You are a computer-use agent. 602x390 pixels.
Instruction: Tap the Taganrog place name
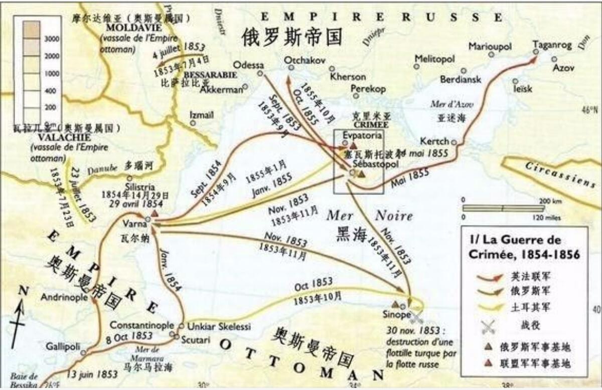pyautogui.click(x=552, y=44)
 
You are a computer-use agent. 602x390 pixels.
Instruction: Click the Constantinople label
pyautogui.click(x=142, y=325)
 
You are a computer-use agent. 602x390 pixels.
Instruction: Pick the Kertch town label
pyautogui.click(x=434, y=141)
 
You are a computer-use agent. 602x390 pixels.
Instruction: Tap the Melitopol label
pyautogui.click(x=434, y=59)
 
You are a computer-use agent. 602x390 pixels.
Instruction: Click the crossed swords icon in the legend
pyautogui.click(x=488, y=327)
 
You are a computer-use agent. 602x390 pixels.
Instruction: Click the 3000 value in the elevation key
pyautogui.click(x=52, y=39)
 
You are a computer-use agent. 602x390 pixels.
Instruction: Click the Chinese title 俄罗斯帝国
pyautogui.click(x=294, y=37)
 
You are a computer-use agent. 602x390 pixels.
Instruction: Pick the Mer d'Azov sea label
pyautogui.click(x=449, y=104)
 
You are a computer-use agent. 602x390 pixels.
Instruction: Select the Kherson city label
pyautogui.click(x=348, y=77)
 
